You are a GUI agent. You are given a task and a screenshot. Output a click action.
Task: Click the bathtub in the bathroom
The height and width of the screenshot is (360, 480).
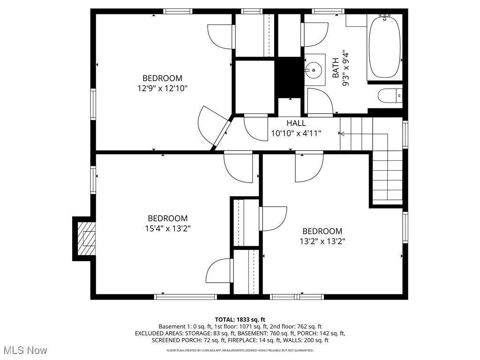point(384,47)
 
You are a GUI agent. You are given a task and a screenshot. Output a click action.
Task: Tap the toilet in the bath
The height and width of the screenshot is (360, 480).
point(390,96)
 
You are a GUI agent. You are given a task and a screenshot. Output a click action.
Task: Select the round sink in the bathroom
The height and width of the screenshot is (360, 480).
point(313,71)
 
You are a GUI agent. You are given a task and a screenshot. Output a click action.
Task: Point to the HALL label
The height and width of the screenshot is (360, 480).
point(296,123)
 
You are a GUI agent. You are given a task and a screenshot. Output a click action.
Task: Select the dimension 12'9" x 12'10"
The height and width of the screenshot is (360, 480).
point(163,88)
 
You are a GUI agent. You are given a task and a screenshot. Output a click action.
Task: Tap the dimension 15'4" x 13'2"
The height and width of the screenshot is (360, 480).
point(168,228)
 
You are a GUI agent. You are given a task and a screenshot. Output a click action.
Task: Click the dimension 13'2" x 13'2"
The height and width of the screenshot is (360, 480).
point(322,241)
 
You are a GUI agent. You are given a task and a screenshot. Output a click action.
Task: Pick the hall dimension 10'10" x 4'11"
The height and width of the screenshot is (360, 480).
point(296,133)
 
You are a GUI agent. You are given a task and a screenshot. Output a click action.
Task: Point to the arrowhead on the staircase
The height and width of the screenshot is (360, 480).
point(342,134)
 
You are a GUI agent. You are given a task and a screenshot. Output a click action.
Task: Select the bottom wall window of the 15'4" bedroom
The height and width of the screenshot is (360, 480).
point(186,296)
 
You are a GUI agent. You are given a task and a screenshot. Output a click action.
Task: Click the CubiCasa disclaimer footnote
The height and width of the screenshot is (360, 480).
point(240,350)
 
